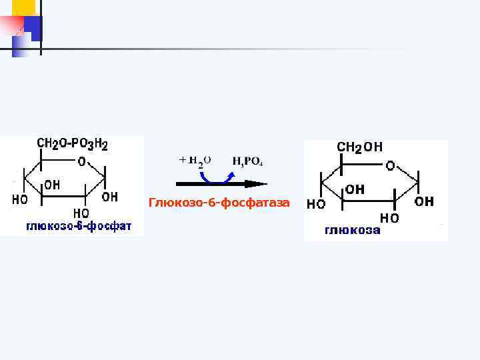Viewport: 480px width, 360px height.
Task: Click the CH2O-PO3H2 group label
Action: point(72,144)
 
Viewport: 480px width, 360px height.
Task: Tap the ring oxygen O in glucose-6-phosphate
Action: point(81,161)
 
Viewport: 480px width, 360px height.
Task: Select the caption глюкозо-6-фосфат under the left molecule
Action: point(79,227)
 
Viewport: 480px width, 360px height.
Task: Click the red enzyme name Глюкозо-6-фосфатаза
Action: point(219,202)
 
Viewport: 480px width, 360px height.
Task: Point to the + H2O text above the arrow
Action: point(195,161)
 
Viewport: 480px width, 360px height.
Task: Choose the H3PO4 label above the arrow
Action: point(247,161)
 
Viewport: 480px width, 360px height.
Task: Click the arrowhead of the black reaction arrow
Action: point(257,183)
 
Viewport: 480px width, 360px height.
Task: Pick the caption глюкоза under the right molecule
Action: point(353,231)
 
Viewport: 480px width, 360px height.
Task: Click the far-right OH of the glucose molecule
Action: point(424,201)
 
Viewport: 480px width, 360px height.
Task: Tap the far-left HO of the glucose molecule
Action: point(315,204)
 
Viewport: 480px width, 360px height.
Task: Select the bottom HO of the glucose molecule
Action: point(389,218)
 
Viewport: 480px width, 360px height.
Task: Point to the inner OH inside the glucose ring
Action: point(355,189)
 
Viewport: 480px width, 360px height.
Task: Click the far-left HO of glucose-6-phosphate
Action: point(21,199)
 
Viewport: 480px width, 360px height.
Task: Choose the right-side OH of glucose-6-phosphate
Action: point(110,197)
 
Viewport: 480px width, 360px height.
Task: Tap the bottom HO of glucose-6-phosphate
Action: point(81,213)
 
